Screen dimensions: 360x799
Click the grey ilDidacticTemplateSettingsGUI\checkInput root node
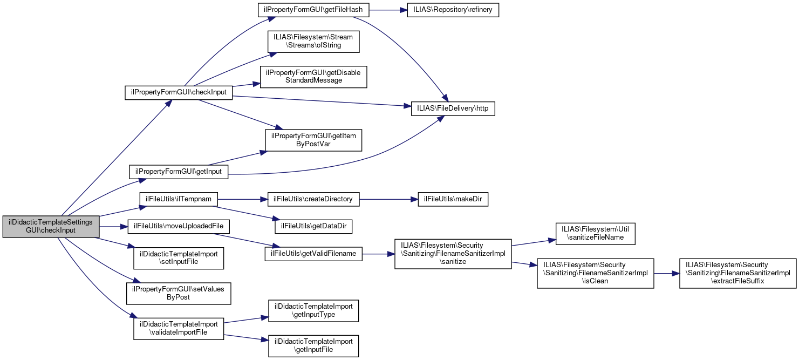51,226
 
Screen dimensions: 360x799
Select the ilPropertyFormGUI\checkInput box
179,92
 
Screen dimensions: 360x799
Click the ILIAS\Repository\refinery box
453,10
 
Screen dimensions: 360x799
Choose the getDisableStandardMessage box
313,77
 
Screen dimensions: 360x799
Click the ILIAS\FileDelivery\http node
453,108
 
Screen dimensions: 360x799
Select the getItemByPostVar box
313,140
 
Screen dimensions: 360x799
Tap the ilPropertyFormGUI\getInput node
179,172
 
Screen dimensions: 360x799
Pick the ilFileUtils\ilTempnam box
179,199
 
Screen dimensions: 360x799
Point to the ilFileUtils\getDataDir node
313,226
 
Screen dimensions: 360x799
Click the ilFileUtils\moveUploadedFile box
179,226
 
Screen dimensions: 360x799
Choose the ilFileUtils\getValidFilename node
313,254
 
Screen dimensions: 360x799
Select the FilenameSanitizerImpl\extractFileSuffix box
737,273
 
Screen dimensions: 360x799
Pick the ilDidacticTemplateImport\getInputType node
313,310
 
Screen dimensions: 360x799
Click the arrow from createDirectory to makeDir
388,199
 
